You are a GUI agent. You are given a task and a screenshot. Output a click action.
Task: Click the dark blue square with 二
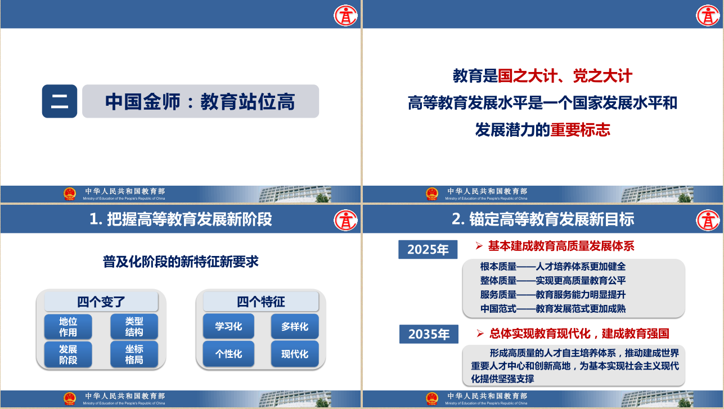coord(60,101)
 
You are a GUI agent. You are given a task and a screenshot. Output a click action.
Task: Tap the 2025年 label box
coord(428,249)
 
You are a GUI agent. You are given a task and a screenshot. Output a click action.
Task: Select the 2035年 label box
coord(429,334)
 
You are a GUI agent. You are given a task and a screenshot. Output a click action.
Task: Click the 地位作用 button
coord(68,326)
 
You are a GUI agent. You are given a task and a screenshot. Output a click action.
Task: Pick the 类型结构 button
coord(134,326)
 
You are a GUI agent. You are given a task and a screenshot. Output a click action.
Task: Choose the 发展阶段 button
coord(68,354)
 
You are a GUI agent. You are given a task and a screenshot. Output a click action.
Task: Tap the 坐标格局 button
coord(134,354)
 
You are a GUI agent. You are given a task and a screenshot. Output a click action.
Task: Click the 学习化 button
coord(228,326)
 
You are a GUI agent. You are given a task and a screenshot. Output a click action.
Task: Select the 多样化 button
coord(294,326)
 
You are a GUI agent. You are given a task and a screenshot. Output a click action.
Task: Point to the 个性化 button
coord(228,354)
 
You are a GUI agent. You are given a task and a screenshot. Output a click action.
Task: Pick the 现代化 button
coord(294,354)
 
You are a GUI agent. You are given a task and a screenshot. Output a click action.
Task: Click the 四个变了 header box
coord(101,302)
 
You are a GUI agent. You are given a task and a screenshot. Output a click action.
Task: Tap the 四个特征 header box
coord(261,302)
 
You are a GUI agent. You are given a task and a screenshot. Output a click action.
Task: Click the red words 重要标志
coord(580,129)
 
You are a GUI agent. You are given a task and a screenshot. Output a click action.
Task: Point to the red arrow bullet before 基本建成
coord(479,246)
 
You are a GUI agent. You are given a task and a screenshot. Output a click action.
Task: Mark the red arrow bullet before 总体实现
coord(480,334)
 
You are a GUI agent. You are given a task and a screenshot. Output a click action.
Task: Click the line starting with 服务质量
coord(552,295)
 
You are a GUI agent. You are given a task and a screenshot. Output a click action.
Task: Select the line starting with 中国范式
coord(552,309)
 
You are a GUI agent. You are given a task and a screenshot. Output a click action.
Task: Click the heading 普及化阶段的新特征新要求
coord(181,262)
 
